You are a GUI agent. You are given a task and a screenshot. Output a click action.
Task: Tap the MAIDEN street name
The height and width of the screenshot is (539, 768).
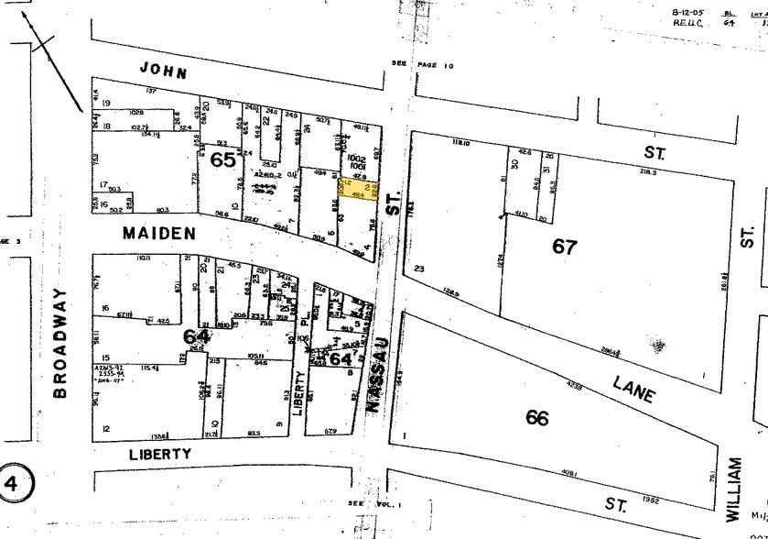pos(158,234)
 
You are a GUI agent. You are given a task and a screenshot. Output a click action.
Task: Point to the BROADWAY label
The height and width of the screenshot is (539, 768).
pos(61,342)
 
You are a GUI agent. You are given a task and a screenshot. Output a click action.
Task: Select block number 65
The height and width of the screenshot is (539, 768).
pos(222,159)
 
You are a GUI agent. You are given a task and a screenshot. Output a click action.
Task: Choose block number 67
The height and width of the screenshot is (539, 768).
pos(566,246)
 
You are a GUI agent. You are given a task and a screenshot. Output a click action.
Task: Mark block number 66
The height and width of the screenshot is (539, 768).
pos(537,417)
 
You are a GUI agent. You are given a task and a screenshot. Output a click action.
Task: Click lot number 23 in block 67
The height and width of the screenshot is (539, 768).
pos(420,269)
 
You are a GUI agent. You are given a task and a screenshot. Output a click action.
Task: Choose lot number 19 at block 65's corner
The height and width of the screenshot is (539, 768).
pos(106,102)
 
